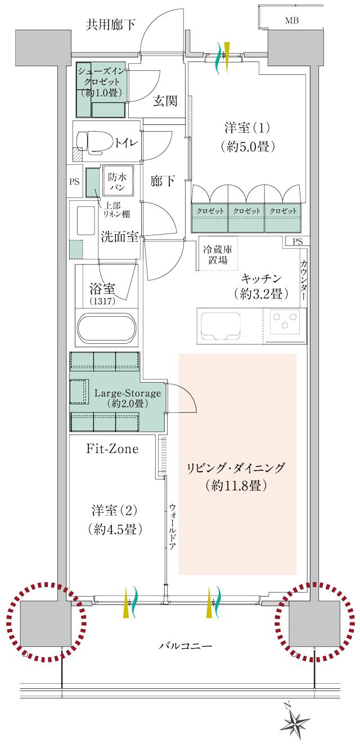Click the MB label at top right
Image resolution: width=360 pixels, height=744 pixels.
[291, 21]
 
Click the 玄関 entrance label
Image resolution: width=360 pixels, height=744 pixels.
[165, 101]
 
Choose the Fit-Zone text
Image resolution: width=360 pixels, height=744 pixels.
[112, 449]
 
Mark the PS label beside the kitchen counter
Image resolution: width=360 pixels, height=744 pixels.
[298, 241]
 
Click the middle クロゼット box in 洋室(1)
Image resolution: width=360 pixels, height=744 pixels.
[246, 210]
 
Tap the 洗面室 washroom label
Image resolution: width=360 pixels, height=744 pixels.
[120, 236]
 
